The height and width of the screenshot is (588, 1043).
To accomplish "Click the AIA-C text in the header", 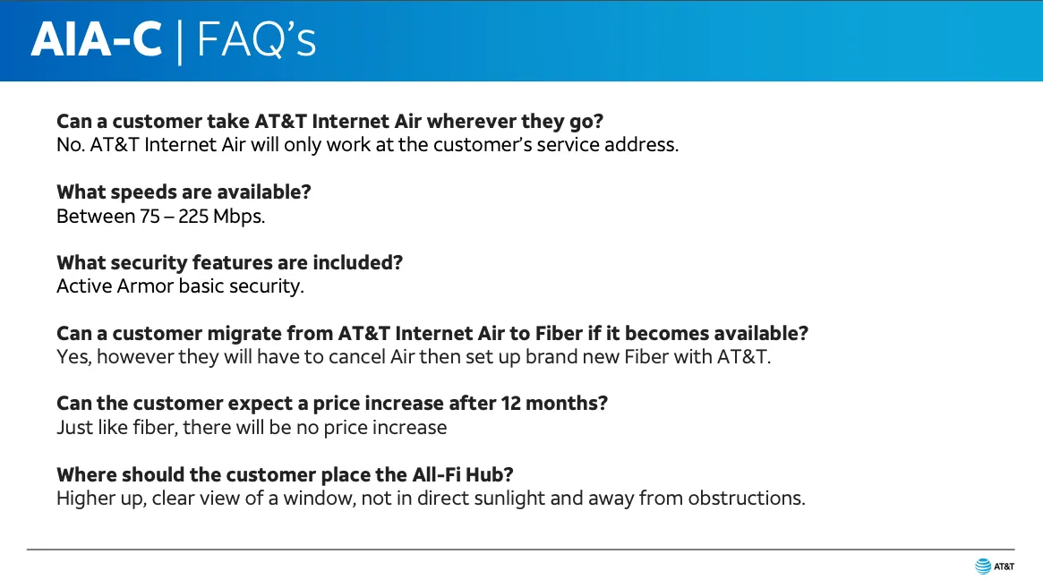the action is click(97, 40).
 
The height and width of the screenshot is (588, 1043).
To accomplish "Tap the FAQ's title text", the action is click(256, 39).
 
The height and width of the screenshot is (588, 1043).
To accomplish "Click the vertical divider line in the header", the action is click(180, 43).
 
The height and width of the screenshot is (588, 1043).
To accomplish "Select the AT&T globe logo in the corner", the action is click(983, 566).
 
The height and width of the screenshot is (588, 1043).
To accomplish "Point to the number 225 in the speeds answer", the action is click(192, 217).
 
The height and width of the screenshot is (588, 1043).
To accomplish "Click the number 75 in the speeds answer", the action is click(150, 217).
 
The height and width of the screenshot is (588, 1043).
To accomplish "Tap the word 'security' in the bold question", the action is click(149, 263).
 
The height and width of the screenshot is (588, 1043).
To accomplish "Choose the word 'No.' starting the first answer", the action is click(70, 145).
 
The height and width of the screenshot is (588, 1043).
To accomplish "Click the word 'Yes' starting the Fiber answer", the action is click(73, 356).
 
